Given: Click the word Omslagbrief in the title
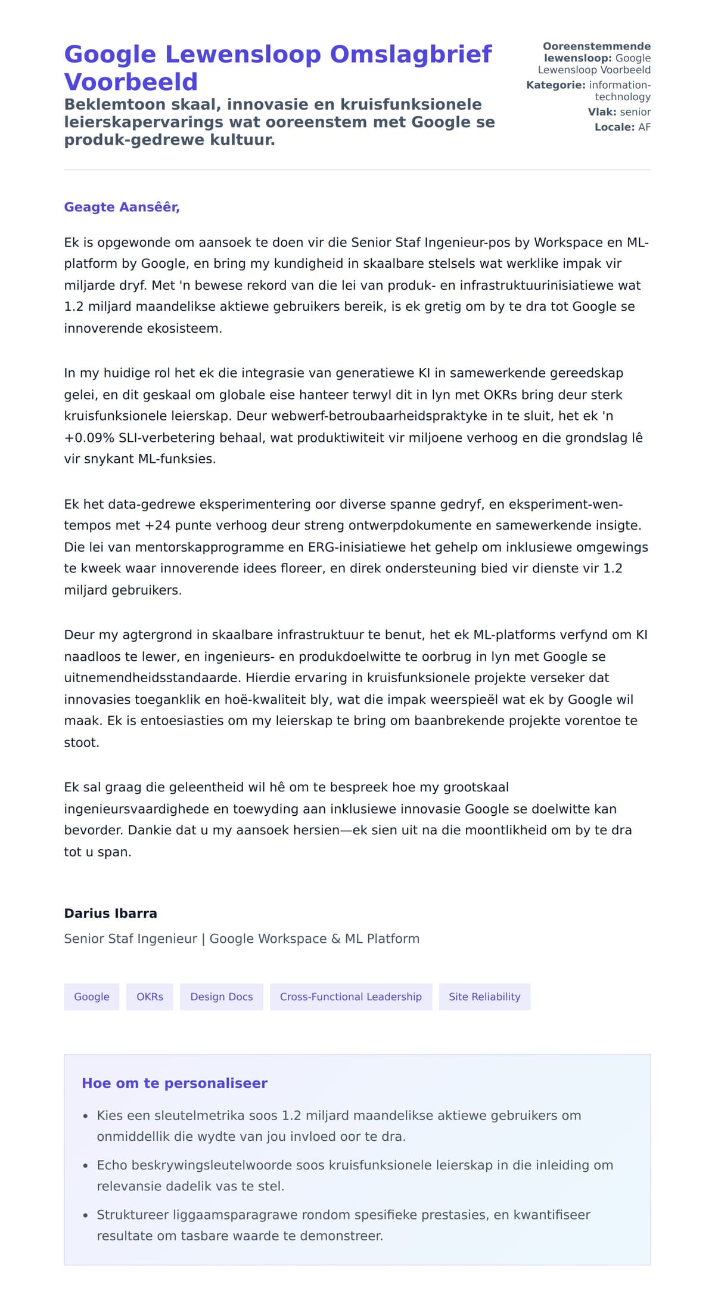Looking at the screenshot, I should (411, 54).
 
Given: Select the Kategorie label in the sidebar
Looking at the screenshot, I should (555, 85).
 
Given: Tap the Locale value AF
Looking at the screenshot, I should (644, 127).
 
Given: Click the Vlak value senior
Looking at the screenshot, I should (635, 112).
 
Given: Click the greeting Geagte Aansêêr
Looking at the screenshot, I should (122, 207).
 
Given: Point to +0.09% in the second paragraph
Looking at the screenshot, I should (89, 438).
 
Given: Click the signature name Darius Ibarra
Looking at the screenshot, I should (110, 914).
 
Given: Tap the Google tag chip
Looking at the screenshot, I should (92, 997).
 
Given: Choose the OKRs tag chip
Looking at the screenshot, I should (150, 997).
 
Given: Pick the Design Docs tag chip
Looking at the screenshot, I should (221, 997).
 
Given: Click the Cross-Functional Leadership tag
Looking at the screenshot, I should (350, 997).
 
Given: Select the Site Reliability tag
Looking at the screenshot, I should (484, 997).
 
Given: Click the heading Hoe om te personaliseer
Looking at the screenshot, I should (175, 1084).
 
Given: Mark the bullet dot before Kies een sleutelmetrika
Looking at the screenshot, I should (86, 1116).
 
